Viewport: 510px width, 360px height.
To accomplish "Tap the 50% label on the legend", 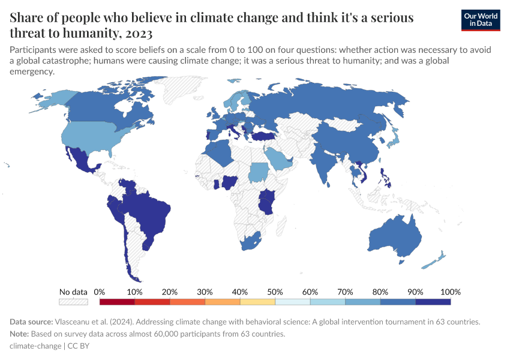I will [x=275, y=292].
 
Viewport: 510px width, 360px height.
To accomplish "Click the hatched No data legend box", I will [x=73, y=302].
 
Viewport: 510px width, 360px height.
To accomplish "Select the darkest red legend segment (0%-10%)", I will [x=117, y=302].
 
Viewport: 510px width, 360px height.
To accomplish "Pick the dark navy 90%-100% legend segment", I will [x=433, y=302].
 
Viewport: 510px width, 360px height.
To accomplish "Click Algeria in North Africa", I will [x=223, y=153].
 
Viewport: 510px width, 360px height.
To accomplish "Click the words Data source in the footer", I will [x=31, y=322].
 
